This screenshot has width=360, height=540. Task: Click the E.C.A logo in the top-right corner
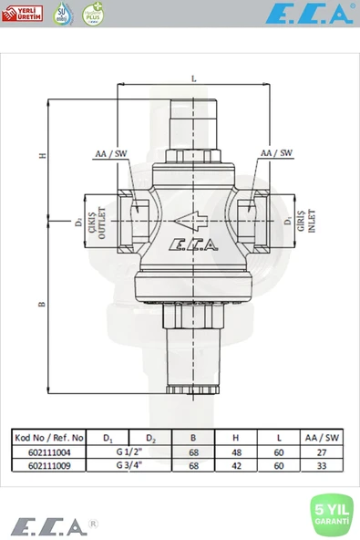(x=309, y=14)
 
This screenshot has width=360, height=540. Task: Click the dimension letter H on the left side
(x=42, y=156)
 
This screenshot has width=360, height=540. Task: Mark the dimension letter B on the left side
(x=42, y=304)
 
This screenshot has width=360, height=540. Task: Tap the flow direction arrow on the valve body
(x=192, y=220)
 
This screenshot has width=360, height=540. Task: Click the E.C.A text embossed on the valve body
(x=192, y=244)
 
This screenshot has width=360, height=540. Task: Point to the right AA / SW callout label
(x=276, y=153)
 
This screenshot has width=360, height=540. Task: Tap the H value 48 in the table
(x=237, y=451)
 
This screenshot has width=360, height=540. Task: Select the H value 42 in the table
(x=237, y=463)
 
